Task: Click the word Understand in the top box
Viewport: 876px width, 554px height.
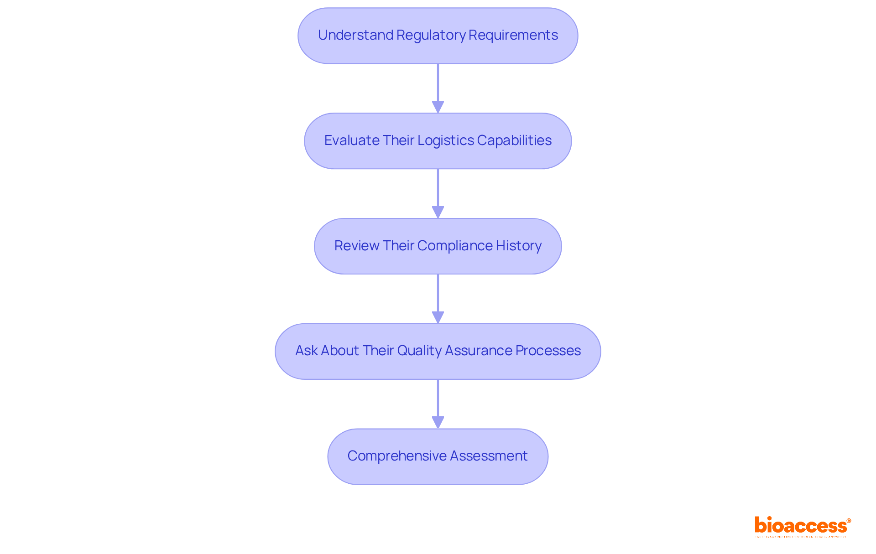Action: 355,35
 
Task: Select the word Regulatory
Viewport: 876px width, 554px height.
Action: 431,35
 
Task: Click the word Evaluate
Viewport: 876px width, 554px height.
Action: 352,140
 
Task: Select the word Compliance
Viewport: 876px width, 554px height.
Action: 454,246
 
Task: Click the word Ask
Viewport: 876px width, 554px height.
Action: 306,351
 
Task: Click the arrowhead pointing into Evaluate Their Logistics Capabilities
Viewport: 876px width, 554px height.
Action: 438,107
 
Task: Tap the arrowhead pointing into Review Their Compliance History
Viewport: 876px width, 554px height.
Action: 438,212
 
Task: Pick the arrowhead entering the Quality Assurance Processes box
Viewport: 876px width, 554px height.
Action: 438,317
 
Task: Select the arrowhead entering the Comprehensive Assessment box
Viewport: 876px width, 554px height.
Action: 438,422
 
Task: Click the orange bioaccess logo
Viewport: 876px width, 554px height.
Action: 802,526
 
